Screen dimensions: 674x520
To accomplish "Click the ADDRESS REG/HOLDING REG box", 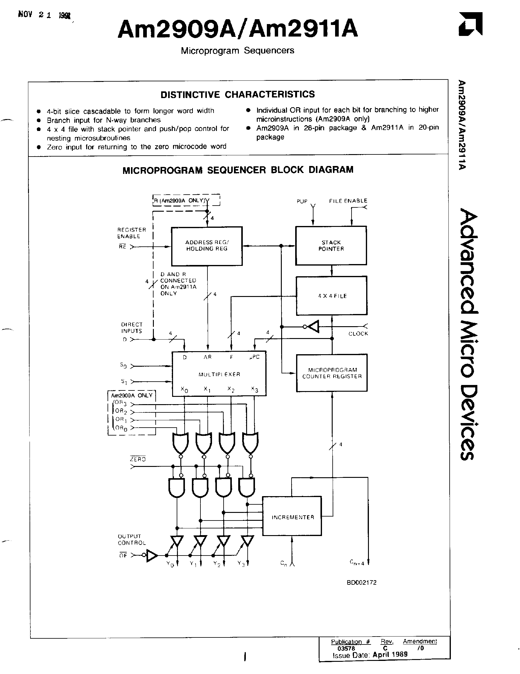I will coord(207,246).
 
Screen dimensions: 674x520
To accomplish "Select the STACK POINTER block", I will coord(331,246).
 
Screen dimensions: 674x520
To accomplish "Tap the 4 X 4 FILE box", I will coord(332,296).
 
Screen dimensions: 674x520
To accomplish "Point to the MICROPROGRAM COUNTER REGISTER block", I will coord(332,373).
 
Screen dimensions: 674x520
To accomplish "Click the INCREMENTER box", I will coord(292,517).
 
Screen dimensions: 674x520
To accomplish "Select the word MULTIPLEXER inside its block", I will coord(219,374).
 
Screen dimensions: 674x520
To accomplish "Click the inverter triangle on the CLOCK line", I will coord(313,326).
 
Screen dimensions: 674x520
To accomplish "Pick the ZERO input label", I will coord(138,459).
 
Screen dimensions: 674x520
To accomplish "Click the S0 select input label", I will coord(123,365).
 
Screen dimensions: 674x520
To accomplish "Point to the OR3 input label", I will coord(121,403).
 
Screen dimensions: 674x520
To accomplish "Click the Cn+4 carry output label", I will coord(357,562).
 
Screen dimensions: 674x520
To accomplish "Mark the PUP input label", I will coord(302,201).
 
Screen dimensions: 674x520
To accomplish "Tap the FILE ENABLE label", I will coord(348,201).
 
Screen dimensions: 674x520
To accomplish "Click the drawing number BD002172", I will coord(361,582).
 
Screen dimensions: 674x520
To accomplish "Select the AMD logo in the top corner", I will coord(470,24).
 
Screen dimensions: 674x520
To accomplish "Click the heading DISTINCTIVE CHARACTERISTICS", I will coord(238,94).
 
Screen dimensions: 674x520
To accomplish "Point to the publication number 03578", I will coord(346,648).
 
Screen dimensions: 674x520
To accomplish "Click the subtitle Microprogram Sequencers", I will coord(237,51).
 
